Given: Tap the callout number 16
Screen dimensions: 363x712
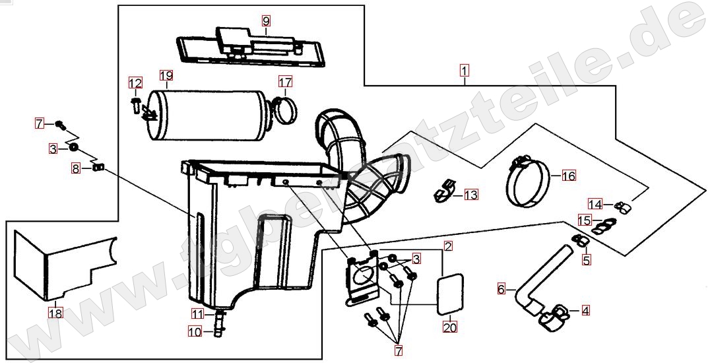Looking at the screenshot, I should click(569, 176).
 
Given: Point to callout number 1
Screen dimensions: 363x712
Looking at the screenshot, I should click(465, 70).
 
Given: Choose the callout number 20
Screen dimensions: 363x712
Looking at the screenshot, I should click(449, 326).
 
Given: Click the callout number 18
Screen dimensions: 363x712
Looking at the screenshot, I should click(56, 313).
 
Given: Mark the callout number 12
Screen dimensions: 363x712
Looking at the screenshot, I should click(135, 83).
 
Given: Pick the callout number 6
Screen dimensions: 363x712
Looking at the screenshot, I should click(502, 288).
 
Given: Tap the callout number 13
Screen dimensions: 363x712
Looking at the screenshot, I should click(470, 195).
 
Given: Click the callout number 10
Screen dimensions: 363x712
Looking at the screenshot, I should click(194, 332).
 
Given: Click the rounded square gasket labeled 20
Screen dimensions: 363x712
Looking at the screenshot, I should click(449, 293).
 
